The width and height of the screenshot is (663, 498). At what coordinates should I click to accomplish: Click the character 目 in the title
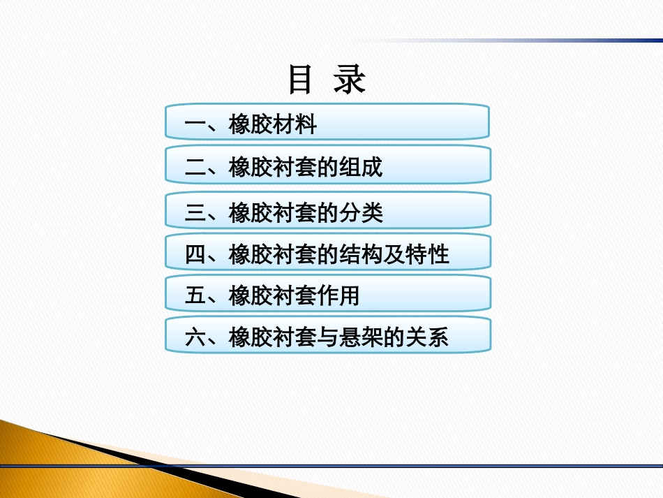(300, 80)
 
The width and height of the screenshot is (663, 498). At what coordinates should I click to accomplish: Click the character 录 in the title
(349, 80)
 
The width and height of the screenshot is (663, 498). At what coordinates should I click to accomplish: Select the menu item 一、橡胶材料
(327, 122)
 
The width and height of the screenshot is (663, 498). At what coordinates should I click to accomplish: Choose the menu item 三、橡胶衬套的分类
(327, 211)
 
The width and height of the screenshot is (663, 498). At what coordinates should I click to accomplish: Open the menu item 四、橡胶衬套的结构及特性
(327, 253)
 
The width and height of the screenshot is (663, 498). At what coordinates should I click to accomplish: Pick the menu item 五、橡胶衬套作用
(327, 295)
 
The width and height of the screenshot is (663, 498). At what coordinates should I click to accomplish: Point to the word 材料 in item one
(295, 124)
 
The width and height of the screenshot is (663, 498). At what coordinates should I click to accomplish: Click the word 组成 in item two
(361, 168)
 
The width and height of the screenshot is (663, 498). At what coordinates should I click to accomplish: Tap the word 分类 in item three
(361, 213)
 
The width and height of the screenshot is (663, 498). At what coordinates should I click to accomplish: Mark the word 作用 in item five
(338, 296)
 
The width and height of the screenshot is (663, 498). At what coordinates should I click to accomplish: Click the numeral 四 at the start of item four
(195, 255)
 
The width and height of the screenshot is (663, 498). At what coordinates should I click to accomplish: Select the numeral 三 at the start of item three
(195, 213)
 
